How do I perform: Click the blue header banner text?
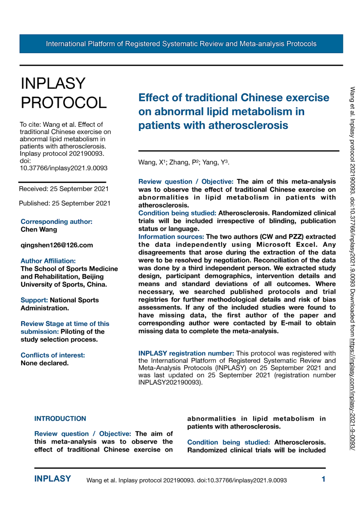[x=181, y=44]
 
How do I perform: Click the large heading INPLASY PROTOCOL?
[x=64, y=93]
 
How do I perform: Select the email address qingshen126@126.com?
[x=57, y=245]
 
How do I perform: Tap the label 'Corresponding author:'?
[x=56, y=221]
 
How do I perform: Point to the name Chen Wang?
[x=39, y=229]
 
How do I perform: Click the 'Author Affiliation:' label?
[x=48, y=261]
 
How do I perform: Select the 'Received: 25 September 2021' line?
[x=64, y=189]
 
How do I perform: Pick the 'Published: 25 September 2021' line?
[x=65, y=203]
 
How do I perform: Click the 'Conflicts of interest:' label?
[x=53, y=355]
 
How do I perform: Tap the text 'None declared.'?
[x=44, y=363]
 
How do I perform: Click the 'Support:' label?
[x=34, y=300]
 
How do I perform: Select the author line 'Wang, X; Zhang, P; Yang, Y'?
[x=184, y=162]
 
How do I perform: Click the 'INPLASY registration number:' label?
[x=186, y=353]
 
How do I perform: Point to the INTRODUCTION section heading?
[x=60, y=419]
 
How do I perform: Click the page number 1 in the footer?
[x=323, y=479]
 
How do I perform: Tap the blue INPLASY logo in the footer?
[x=53, y=479]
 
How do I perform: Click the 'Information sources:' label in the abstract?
[x=171, y=237]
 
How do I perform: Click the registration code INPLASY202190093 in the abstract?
[x=169, y=382]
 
